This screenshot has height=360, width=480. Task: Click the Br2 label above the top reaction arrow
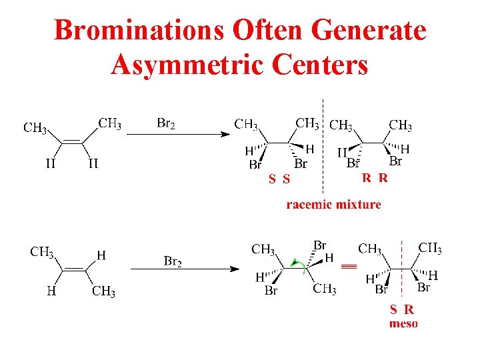166,123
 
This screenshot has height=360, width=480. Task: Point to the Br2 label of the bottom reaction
173,261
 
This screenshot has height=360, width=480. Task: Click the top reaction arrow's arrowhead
225,134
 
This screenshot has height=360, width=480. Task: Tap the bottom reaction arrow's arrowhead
235,269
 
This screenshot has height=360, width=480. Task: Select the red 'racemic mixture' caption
333,205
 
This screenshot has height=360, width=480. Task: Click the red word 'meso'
403,323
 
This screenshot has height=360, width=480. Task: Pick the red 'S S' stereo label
279,179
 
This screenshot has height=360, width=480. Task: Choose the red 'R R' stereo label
374,178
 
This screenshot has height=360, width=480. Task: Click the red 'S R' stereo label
402,309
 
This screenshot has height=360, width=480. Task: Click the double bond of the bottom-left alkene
73,269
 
